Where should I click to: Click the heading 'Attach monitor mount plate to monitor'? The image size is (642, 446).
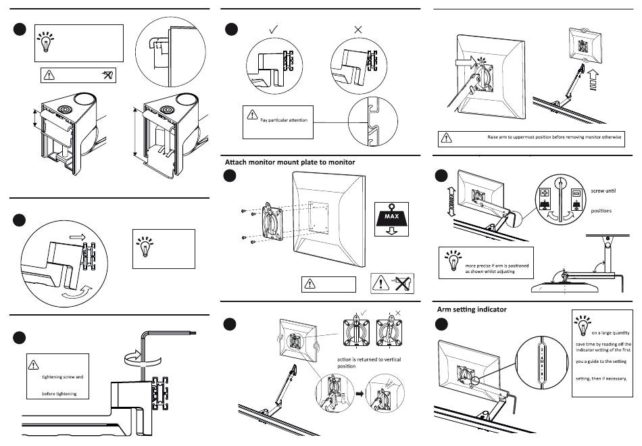pos(289,162)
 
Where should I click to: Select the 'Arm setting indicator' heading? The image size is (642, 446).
pos(472,309)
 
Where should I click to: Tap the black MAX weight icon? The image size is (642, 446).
pos(393,219)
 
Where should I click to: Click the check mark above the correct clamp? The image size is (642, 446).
pos(274,30)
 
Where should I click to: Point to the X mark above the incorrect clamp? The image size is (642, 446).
pos(358,30)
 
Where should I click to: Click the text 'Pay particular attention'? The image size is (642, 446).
pos(284,120)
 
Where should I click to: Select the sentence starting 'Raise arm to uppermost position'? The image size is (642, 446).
pos(555,137)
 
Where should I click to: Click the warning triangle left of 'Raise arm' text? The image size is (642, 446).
pos(446,139)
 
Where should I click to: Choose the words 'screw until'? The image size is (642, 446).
pos(603,191)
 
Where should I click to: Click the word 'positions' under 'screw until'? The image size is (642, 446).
pos(601,211)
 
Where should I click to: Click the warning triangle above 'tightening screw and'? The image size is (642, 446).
pos(34,366)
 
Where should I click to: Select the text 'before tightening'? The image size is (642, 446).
pos(59,393)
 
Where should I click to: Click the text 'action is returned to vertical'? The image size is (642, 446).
pos(369,360)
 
